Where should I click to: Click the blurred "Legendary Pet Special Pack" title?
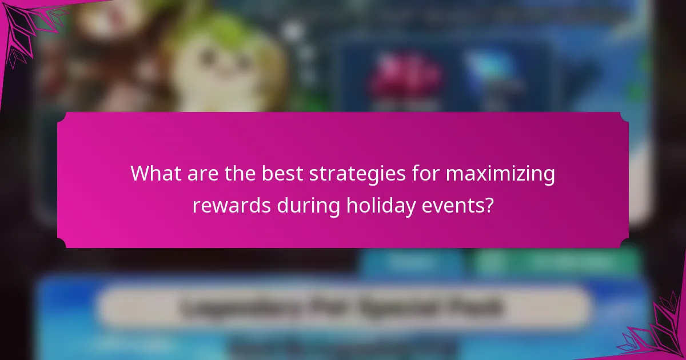tap(343, 307)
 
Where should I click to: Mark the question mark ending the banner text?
tap(489, 205)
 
